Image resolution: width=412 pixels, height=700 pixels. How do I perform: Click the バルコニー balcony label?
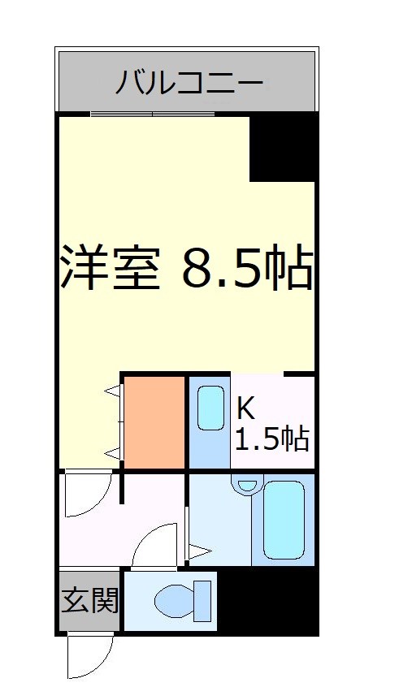coord(188,82)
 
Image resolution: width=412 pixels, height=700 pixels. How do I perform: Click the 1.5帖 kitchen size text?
coord(271,439)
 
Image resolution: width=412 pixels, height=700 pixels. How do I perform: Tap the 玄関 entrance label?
coord(89,601)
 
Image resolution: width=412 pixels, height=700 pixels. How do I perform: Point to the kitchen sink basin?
coord(210,408)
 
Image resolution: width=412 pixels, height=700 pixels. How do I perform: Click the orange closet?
coord(154,422)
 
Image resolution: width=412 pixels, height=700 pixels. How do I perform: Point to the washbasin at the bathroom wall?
coord(246,485)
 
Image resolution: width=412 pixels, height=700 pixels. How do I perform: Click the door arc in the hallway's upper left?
coord(85,496)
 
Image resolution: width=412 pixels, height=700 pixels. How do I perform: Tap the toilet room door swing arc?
coord(152,545)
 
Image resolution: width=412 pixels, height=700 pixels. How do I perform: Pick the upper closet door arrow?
coord(112,395)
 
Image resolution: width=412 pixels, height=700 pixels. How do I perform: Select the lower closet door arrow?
coord(112,452)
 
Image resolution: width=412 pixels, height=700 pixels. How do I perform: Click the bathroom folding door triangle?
coord(198,551)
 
